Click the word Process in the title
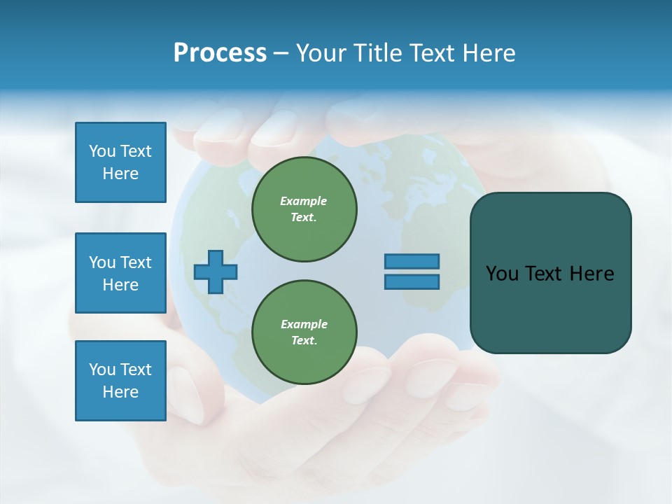click(220, 53)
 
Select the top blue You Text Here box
click(120, 162)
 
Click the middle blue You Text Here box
click(120, 273)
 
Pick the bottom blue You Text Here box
click(120, 381)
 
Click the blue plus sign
click(216, 272)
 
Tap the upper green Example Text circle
click(304, 209)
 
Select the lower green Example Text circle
click(304, 332)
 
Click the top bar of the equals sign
click(412, 261)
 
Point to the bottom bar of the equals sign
click(412, 281)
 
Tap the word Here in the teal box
click(591, 274)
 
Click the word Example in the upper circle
click(304, 202)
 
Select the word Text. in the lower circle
click(304, 341)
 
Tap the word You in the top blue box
click(101, 151)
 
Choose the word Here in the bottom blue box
click(120, 392)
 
